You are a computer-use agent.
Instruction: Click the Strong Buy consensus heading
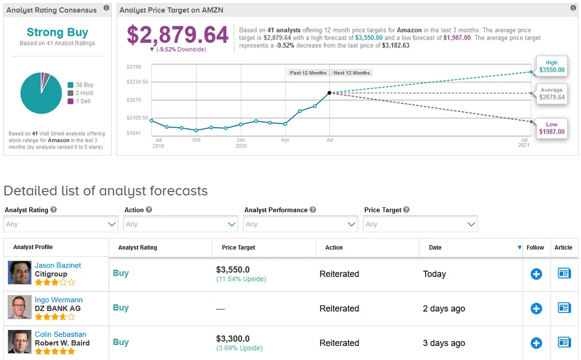57,32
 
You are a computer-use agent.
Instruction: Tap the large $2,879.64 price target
178,35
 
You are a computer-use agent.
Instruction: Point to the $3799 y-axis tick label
134,67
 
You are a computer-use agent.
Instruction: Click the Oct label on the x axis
196,140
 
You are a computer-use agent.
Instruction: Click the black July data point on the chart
329,93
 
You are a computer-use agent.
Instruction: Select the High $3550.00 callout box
551,66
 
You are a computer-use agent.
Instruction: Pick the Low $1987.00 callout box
551,128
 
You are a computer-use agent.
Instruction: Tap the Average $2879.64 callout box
551,94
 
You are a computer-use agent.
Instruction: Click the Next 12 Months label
352,73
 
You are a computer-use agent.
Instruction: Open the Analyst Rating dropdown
61,224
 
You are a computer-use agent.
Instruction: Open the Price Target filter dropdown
420,224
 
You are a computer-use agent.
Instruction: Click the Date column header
435,248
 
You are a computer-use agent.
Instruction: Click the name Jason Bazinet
58,266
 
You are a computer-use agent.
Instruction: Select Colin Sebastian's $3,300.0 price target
233,339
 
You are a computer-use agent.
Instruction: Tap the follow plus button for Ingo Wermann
536,309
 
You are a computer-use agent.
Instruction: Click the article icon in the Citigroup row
564,274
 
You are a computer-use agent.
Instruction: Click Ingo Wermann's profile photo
19,307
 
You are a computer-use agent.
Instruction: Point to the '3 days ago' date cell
444,343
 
